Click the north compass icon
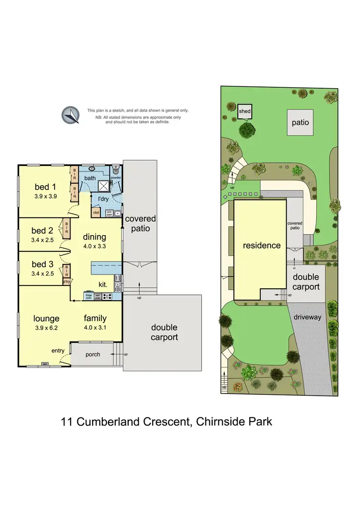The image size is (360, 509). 71,115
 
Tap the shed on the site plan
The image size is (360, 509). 245,112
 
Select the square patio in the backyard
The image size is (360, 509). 300,122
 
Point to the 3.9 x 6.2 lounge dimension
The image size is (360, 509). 47,328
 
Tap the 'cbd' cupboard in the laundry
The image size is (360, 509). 96,212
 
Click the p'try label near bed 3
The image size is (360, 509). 67,282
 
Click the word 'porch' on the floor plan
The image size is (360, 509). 93,355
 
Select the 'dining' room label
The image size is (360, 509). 95,237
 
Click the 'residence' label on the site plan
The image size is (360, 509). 262,245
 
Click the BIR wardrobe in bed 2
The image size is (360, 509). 66,227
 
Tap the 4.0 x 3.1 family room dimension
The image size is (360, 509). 95,328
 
